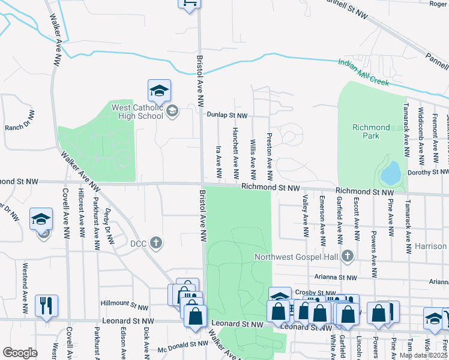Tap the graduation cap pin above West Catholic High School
pos(159,91)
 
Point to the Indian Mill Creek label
pos(363,72)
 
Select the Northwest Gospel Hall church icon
pos(346,257)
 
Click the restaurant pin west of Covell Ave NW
pos(46,306)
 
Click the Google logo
pos(20,353)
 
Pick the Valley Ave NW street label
pos(306,211)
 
